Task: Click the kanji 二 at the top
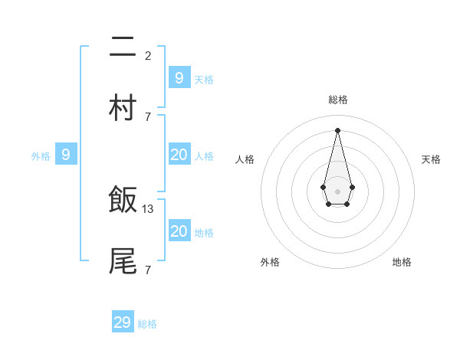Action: coord(123,47)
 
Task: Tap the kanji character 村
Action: coord(123,108)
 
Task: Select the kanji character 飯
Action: coord(123,201)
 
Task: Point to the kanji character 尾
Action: coord(123,261)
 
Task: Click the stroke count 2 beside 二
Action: coord(148,55)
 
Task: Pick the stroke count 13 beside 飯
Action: coord(148,208)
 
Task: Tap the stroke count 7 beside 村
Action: coord(148,116)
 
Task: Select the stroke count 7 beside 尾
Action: coord(148,270)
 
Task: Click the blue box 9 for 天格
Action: coord(179,77)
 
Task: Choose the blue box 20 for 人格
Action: coord(179,155)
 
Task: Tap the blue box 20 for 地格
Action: coord(179,231)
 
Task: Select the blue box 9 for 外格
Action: coord(66,155)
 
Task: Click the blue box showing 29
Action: coord(123,322)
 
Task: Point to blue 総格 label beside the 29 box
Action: coord(147,324)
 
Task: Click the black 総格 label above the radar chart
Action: coord(337,100)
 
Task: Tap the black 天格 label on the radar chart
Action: coord(431,159)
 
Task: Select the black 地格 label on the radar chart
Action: coord(402,262)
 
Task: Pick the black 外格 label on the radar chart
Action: coord(270,262)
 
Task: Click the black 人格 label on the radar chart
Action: coord(245,159)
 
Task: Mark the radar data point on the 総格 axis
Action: coord(337,130)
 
